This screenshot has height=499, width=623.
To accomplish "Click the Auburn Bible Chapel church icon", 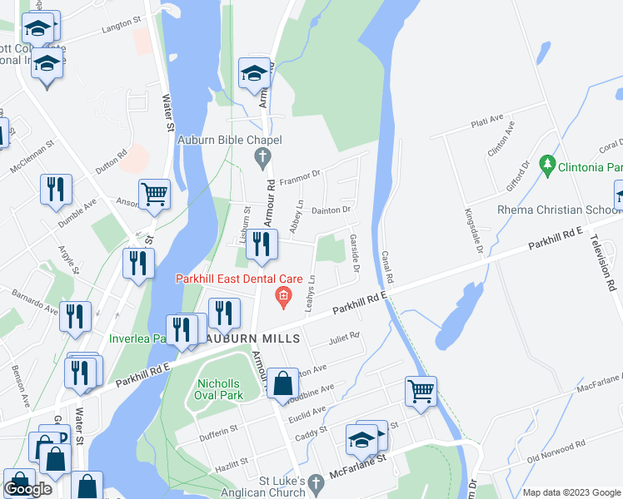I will [x=262, y=156].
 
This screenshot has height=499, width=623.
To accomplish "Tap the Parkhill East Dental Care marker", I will [x=283, y=296].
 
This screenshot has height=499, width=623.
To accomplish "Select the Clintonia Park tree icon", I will [x=547, y=166].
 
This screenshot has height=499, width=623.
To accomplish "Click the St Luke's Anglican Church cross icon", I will [x=315, y=482].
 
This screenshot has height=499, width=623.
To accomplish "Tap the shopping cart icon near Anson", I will [x=154, y=195].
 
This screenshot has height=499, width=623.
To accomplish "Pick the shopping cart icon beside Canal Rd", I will [x=421, y=390].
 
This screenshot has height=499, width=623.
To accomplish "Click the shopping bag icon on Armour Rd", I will [x=283, y=383].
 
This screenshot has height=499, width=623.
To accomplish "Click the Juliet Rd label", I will [x=343, y=336].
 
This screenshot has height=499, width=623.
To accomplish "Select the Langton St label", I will [x=117, y=27].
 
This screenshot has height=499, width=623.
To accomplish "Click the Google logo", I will [x=28, y=489].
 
